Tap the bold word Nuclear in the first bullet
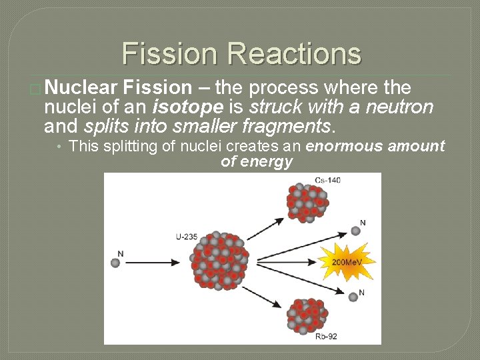click(81, 87)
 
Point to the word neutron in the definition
click(402, 107)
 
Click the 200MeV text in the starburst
click(347, 262)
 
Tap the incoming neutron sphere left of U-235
click(116, 263)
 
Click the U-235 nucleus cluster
click(220, 260)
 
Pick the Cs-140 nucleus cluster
click(307, 203)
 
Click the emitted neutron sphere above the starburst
click(356, 231)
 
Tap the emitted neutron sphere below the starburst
click(353, 297)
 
